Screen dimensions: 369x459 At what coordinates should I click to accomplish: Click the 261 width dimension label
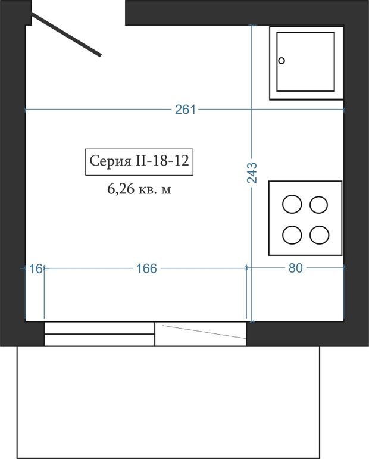pyautogui.click(x=185, y=110)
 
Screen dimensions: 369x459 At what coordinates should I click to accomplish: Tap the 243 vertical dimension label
pyautogui.click(x=252, y=173)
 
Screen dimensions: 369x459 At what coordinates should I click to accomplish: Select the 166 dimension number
pyautogui.click(x=146, y=268)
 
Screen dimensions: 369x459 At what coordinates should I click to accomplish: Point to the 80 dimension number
pyautogui.click(x=296, y=268)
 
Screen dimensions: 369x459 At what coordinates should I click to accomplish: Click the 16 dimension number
pyautogui.click(x=36, y=268)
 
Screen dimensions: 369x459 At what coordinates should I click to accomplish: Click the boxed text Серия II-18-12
pyautogui.click(x=139, y=162)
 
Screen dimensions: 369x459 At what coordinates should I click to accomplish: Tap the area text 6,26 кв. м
pyautogui.click(x=139, y=189)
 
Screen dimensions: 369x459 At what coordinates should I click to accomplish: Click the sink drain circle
pyautogui.click(x=282, y=61)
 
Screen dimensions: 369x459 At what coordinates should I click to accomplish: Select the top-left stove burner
pyautogui.click(x=292, y=204)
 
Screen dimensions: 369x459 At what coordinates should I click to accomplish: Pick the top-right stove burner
pyautogui.click(x=318, y=205)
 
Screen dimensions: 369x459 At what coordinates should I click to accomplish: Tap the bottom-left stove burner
pyautogui.click(x=292, y=235)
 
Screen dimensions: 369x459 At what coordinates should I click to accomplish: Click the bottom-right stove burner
pyautogui.click(x=319, y=235)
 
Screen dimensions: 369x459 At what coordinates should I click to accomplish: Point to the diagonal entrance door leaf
pyautogui.click(x=66, y=35)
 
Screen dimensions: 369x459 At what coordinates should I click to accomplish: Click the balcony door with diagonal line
pyautogui.click(x=201, y=334)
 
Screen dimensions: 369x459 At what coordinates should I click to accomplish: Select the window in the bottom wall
pyautogui.click(x=99, y=334)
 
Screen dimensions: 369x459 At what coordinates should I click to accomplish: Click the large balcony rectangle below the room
pyautogui.click(x=168, y=402)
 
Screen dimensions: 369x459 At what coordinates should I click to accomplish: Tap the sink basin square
pyautogui.click(x=305, y=62)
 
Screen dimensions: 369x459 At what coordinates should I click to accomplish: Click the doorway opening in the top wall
pyautogui.click(x=79, y=13)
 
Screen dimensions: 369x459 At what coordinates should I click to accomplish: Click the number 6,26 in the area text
pyautogui.click(x=121, y=189)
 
